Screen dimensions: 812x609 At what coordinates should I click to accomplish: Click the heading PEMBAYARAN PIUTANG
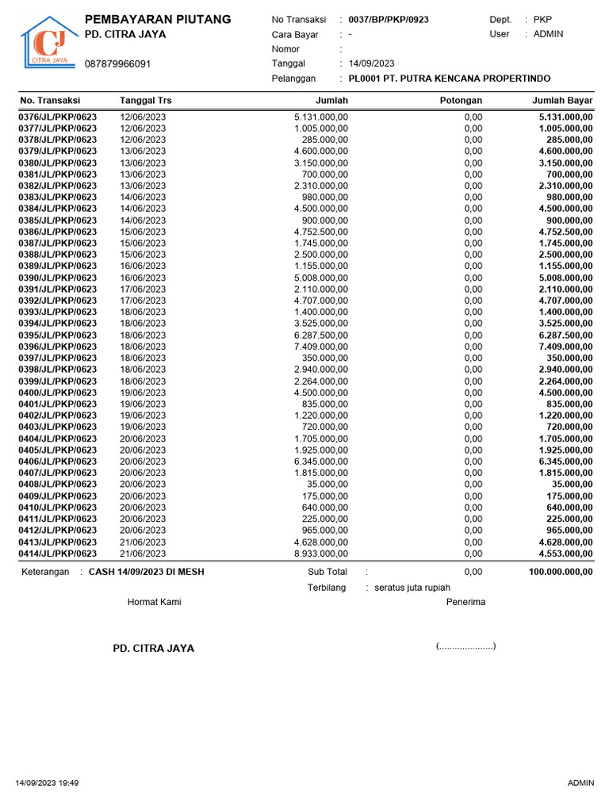(x=158, y=19)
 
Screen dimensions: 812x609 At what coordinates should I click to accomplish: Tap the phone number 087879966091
(x=117, y=63)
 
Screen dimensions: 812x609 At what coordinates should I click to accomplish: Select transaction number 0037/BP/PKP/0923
(x=389, y=19)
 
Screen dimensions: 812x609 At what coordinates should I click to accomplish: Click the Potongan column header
(x=461, y=101)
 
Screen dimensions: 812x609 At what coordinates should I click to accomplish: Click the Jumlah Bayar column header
(x=562, y=101)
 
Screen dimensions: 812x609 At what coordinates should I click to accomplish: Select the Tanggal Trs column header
(x=145, y=101)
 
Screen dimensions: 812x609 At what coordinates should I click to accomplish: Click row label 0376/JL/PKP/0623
(x=57, y=117)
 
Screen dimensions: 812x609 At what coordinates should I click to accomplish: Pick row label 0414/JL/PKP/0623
(x=57, y=553)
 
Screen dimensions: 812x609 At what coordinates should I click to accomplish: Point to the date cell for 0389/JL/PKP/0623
(x=143, y=266)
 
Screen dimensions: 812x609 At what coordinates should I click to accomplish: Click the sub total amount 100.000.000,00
(x=561, y=572)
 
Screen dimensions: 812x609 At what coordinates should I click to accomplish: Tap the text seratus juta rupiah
(x=412, y=588)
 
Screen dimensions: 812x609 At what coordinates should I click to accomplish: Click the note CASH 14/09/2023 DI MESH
(x=146, y=572)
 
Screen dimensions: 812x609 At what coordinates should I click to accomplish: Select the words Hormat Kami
(x=155, y=602)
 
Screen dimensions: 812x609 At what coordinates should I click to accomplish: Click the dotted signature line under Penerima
(x=465, y=647)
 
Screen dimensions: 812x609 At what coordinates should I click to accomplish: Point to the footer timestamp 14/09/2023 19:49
(x=47, y=783)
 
